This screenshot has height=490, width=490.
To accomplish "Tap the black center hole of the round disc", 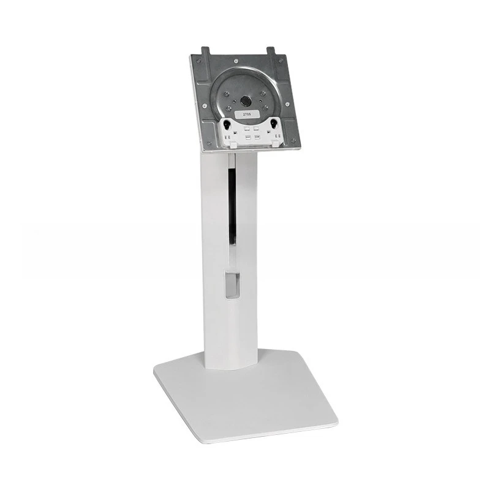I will tap(245, 100).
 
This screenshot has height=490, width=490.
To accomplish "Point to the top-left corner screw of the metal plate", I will tap(197, 61).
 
